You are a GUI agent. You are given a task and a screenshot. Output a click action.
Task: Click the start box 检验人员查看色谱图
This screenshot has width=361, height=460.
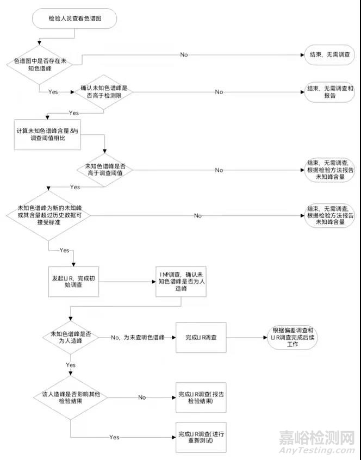coord(74,19)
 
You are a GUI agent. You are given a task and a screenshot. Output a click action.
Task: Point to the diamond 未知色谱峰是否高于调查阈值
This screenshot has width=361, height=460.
coord(104,170)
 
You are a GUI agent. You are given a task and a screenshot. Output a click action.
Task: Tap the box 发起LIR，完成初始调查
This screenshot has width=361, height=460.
coord(73,281)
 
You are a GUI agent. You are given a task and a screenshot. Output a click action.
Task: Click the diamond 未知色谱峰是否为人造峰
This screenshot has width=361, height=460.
coord(71,337)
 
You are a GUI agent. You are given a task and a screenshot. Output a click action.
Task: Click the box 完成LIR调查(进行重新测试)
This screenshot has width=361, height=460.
coord(200,436)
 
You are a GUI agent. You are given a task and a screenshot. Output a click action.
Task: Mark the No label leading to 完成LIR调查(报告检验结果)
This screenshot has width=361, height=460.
coord(142,397)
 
